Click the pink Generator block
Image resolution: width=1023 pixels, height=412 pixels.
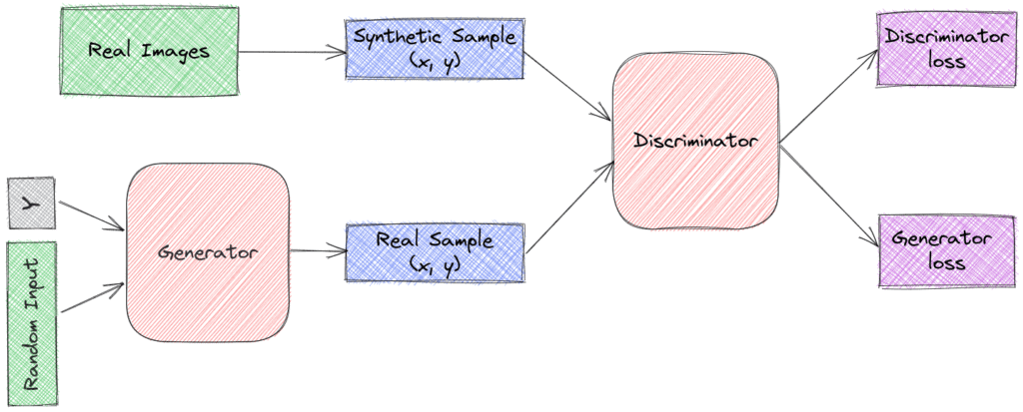click(207, 252)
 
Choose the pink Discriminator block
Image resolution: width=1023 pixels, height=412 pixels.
click(695, 142)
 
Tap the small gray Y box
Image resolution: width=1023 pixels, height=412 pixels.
click(27, 204)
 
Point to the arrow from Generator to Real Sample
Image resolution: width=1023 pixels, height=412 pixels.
click(316, 251)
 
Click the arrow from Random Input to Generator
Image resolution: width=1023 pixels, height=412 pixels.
click(92, 298)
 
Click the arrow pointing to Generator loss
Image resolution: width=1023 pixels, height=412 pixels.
click(827, 197)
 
